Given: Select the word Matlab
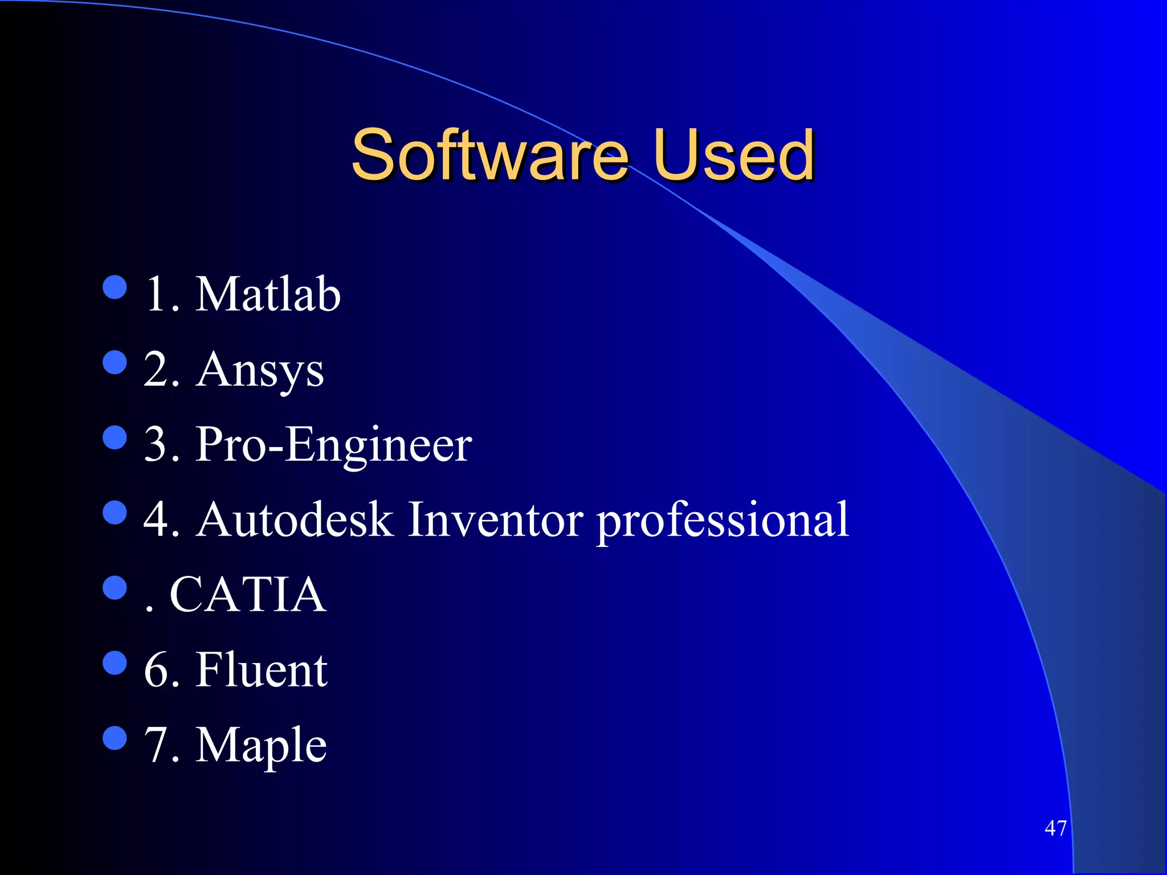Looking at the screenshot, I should pos(268,294).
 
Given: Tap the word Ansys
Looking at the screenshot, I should pos(260,370).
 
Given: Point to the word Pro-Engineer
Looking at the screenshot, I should pos(334,445).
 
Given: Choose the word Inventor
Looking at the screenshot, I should pos(495,520).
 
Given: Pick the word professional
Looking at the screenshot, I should pos(723,521).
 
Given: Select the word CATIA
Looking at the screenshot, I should pos(248,595).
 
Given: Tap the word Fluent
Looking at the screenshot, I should pos(262,670).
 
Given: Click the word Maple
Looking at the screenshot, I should pos(261,746).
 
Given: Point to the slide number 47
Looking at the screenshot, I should pos(1055,828).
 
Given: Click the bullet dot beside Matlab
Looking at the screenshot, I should pos(115,287).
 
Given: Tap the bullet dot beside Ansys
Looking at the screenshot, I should pos(115,362).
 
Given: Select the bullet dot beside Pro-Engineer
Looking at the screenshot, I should pos(115,437).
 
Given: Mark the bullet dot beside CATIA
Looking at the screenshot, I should pos(115,588).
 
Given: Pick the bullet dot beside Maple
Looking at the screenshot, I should pos(115,738).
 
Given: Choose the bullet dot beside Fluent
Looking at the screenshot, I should pos(115,663).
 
